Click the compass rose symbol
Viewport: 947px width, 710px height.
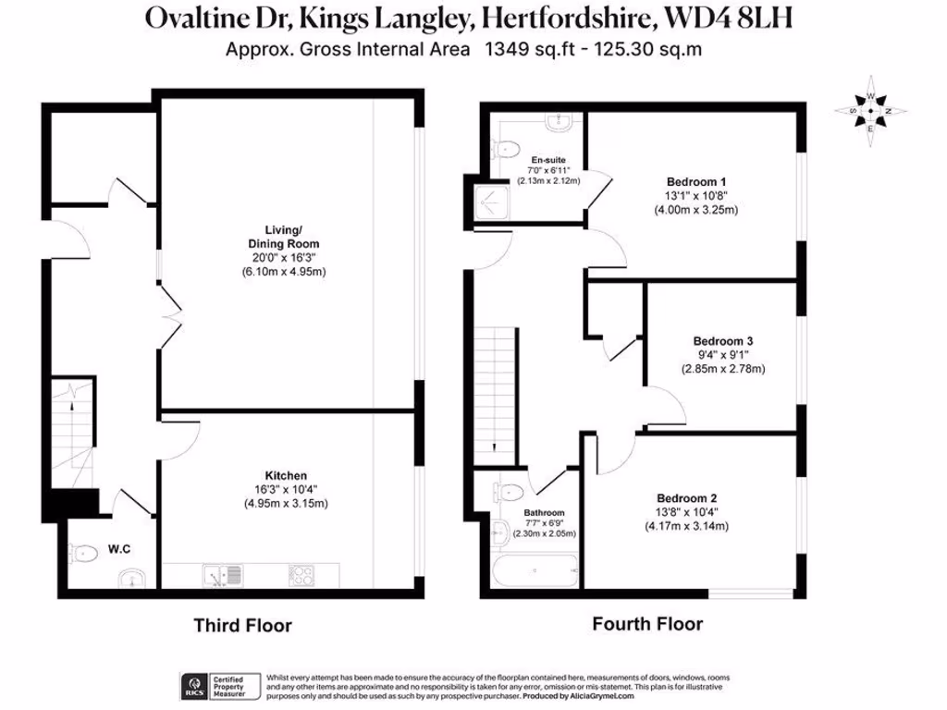870,112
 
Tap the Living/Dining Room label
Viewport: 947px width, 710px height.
283,237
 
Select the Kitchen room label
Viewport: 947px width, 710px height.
283,475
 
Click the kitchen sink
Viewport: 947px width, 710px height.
222,576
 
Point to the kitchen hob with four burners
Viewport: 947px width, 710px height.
303,575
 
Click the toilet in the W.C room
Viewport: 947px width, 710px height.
84,554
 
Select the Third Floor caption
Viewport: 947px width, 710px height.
242,626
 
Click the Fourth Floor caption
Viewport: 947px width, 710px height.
646,624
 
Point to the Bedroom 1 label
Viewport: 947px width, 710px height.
695,181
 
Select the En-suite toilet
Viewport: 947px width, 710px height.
505,148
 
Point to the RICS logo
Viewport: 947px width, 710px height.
194,686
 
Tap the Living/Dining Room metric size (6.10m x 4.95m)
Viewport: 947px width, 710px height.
283,272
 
